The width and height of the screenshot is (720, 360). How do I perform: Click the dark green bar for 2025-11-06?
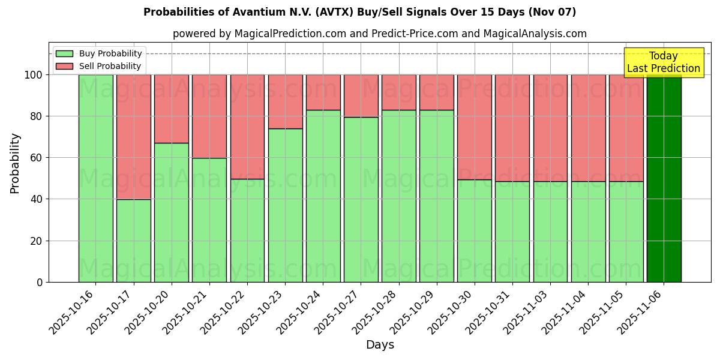tap(664, 178)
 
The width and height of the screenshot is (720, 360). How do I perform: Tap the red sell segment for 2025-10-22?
tap(247, 127)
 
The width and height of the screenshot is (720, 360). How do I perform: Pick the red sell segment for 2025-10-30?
tap(475, 127)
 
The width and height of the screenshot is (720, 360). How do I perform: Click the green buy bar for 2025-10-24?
tap(323, 196)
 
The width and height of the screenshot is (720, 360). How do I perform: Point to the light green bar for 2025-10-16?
tap(95, 178)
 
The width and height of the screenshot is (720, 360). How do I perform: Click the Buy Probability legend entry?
tap(99, 53)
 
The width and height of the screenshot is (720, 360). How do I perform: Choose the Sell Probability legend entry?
tap(99, 66)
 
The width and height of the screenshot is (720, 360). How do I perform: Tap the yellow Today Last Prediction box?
tap(663, 62)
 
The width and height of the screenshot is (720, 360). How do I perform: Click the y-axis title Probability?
tap(15, 163)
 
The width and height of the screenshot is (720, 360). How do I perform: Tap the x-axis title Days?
tap(380, 345)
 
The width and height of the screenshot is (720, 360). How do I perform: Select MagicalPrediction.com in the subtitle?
tap(290, 34)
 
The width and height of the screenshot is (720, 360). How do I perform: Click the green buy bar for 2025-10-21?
tap(209, 220)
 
